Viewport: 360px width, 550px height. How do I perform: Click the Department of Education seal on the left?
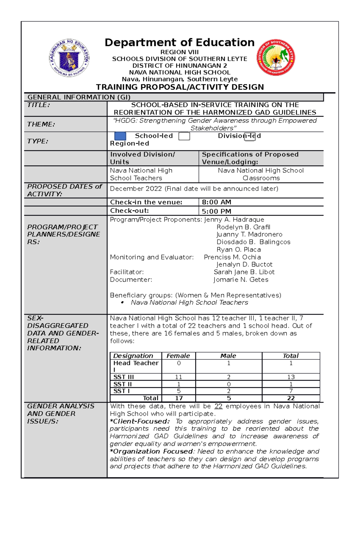coord(69,58)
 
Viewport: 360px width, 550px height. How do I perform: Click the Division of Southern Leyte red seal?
coord(276,58)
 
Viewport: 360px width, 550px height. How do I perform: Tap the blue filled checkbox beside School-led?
coord(120,136)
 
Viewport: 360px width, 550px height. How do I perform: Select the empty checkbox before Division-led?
coord(184,136)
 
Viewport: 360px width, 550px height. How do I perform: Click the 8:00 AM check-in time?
coord(216,202)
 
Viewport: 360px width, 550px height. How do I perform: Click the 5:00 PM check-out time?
coord(216,211)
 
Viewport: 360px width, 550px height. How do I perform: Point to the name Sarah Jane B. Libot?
coord(244,272)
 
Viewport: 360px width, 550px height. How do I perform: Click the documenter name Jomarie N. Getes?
coord(241,280)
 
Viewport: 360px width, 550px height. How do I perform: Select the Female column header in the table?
coord(178,356)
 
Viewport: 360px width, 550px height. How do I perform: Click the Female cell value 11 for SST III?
coord(178,377)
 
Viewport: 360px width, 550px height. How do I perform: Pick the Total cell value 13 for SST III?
coord(291,377)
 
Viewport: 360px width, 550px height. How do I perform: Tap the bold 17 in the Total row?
coord(179,398)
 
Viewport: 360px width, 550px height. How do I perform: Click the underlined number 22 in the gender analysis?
coord(218,406)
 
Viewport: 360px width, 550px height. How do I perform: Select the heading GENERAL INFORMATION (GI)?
coord(79,97)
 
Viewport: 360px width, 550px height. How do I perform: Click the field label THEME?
coord(41,124)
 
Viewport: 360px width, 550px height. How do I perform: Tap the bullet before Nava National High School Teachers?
coord(122,303)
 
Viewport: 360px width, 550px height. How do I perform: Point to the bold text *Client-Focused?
coord(140,421)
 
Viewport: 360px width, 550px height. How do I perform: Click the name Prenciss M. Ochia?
coord(232,257)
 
